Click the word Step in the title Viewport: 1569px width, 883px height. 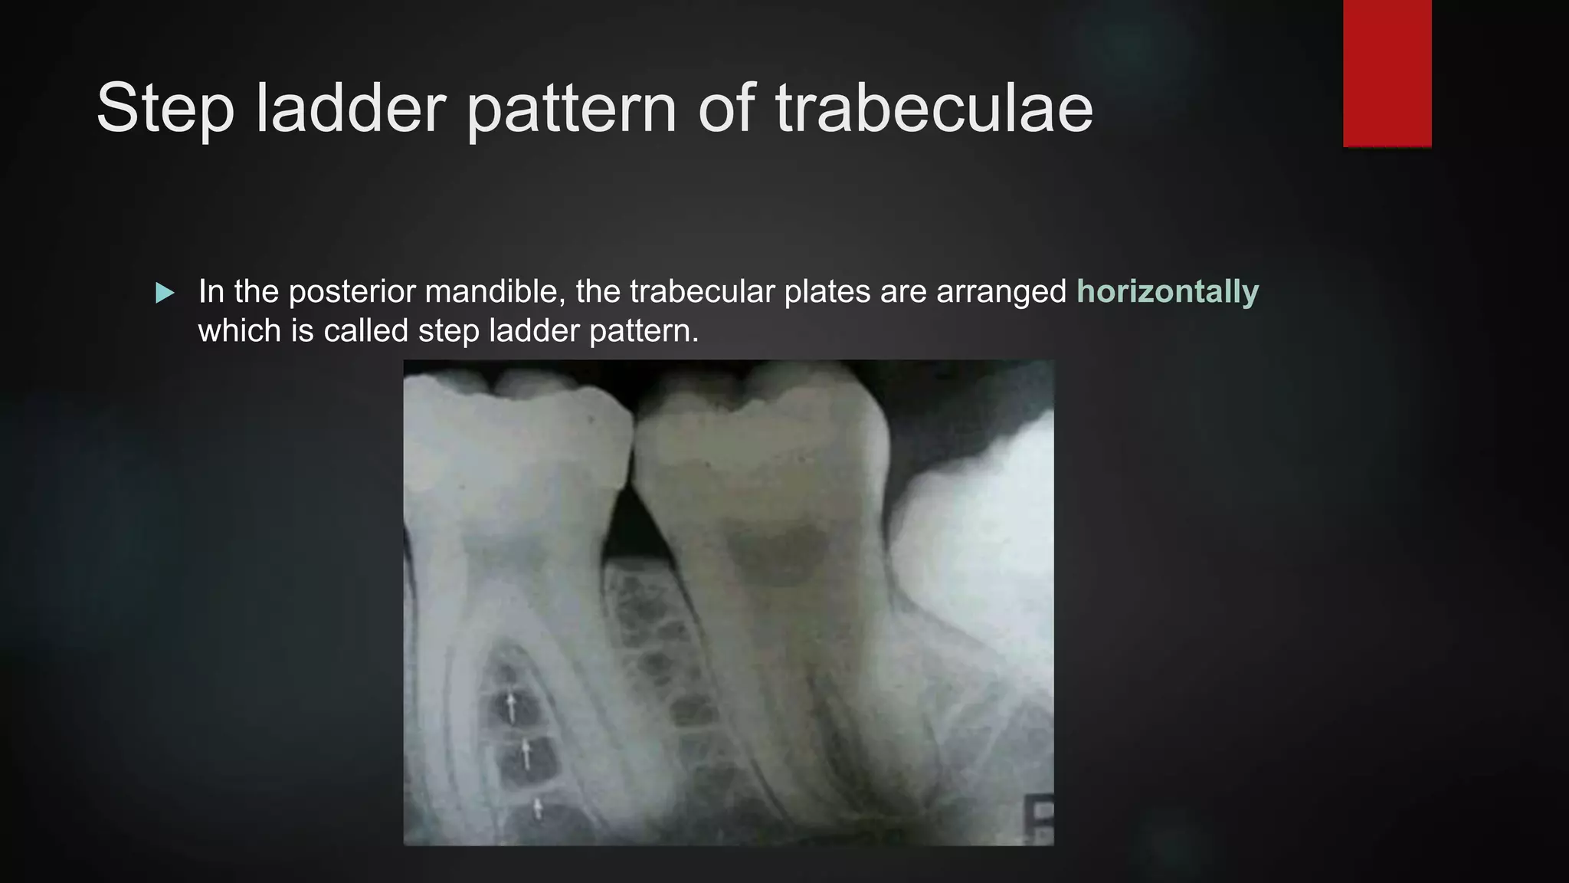[165, 109]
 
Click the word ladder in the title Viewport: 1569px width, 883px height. [351, 109]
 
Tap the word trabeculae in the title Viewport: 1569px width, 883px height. [934, 109]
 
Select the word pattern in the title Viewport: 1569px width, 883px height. [572, 109]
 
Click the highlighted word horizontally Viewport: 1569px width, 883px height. [1167, 292]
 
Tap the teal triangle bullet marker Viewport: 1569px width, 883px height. [165, 293]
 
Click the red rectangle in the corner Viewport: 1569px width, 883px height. [1387, 73]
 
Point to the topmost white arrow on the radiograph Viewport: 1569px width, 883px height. [511, 706]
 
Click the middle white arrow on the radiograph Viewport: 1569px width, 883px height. [526, 754]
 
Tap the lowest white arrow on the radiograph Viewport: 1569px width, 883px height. [538, 808]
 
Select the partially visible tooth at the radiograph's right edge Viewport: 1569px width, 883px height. [981, 537]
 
